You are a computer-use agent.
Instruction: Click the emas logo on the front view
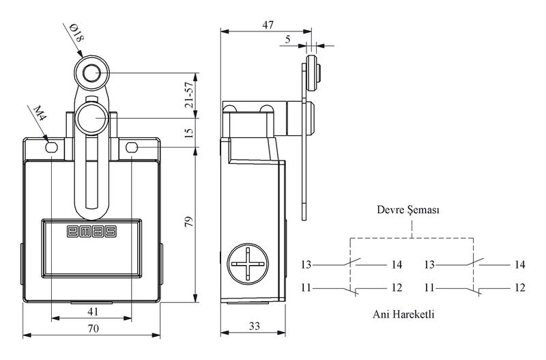[x=91, y=232]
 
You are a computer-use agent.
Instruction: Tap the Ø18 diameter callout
[x=77, y=33]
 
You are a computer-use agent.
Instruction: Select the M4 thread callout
[x=40, y=113]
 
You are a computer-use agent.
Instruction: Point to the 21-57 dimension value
[x=189, y=95]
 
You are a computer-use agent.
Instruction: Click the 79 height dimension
[x=188, y=222]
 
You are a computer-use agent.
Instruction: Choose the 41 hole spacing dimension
[x=93, y=311]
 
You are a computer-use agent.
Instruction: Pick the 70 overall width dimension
[x=94, y=329]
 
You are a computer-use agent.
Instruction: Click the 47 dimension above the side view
[x=268, y=25]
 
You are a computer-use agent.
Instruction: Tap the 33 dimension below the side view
[x=254, y=326]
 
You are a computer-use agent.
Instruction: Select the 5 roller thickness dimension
[x=287, y=39]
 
